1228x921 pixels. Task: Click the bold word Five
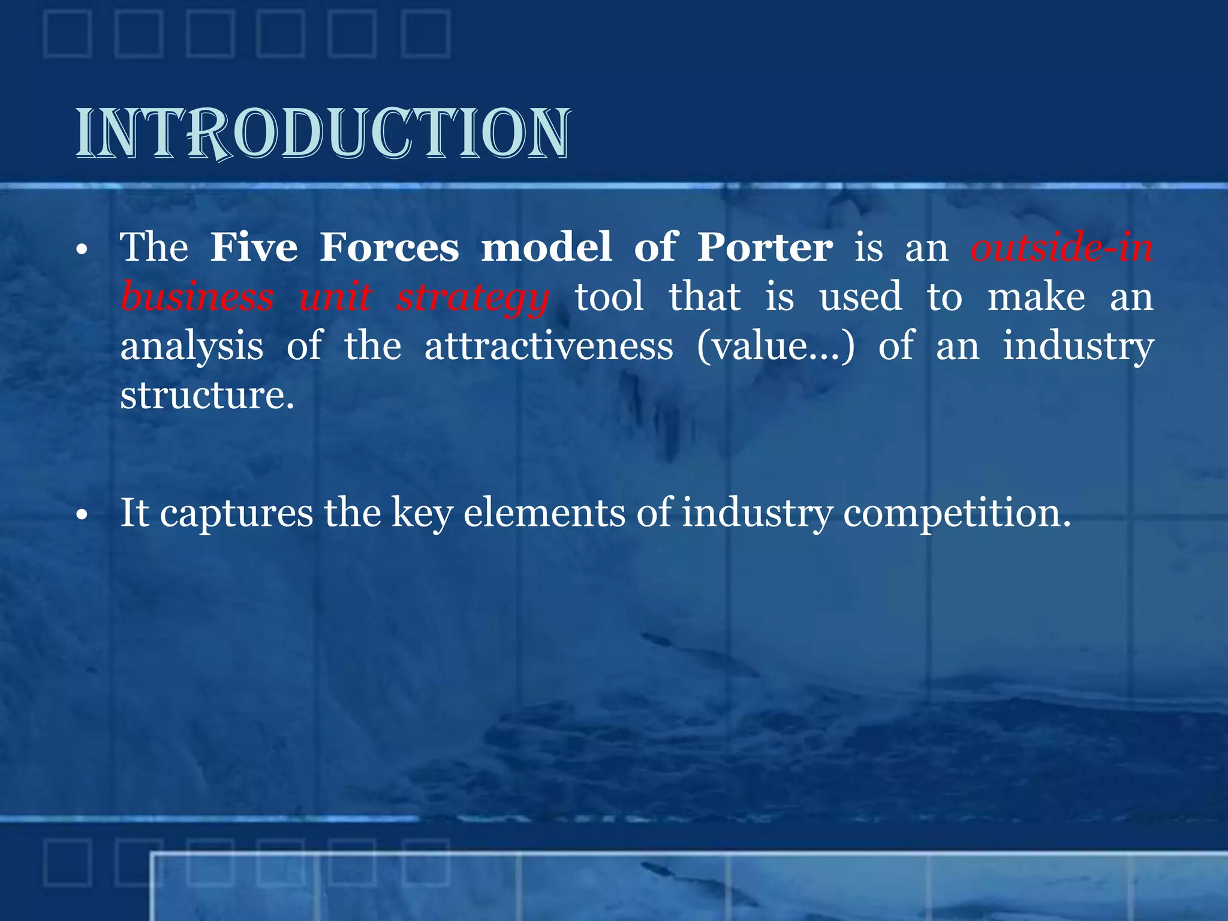click(254, 247)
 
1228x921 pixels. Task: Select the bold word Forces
click(389, 247)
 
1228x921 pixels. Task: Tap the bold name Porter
click(765, 247)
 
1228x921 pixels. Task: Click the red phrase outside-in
click(1061, 247)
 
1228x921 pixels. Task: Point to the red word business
click(197, 297)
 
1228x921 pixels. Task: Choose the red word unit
click(335, 297)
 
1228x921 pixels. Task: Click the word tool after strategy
click(609, 297)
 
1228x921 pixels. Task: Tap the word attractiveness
click(549, 347)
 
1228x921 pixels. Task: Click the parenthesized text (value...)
click(775, 347)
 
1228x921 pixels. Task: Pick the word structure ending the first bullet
click(207, 396)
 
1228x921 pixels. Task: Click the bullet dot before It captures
click(82, 514)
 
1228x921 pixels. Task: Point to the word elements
click(544, 513)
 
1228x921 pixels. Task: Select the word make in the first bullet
click(1036, 297)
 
